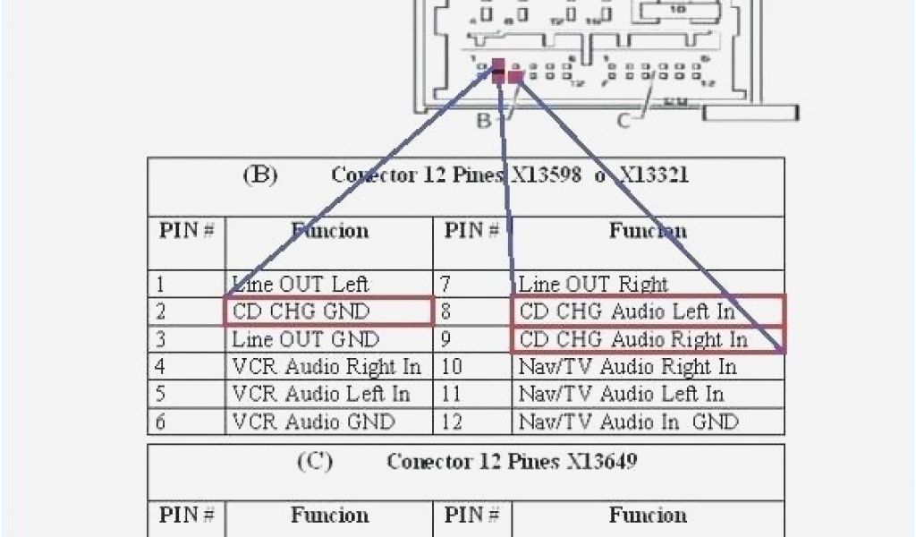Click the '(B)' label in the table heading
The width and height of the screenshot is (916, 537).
[260, 175]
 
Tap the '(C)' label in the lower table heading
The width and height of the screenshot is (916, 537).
[314, 462]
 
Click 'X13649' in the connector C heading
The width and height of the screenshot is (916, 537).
[602, 462]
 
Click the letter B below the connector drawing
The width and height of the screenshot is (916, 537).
[484, 120]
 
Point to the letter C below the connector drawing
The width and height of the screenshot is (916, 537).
[623, 120]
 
